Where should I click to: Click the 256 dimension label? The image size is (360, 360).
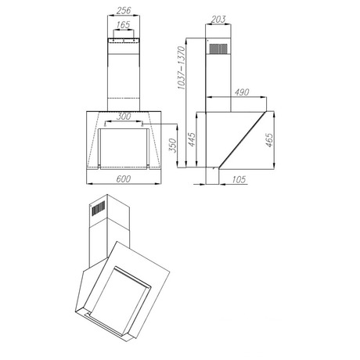pyautogui.click(x=124, y=11)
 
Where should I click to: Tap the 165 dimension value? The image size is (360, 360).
pyautogui.click(x=123, y=25)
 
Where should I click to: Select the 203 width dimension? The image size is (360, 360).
pyautogui.click(x=218, y=20)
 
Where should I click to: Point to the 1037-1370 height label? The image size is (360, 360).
pyautogui.click(x=181, y=68)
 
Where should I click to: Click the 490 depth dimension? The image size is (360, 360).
pyautogui.click(x=242, y=92)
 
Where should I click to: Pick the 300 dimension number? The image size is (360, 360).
pyautogui.click(x=124, y=117)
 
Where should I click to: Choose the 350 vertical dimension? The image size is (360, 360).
pyautogui.click(x=173, y=146)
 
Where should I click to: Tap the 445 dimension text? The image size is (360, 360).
pyautogui.click(x=192, y=139)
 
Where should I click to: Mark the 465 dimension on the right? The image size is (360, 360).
pyautogui.click(x=269, y=140)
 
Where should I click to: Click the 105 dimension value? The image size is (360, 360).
pyautogui.click(x=239, y=179)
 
